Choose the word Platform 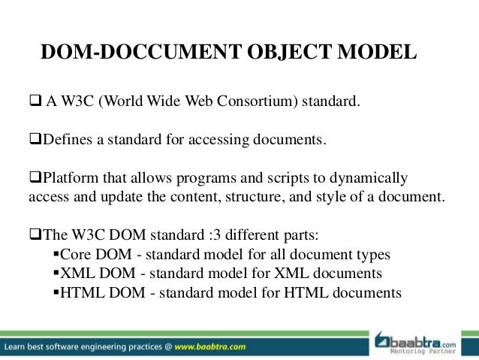click(70, 179)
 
